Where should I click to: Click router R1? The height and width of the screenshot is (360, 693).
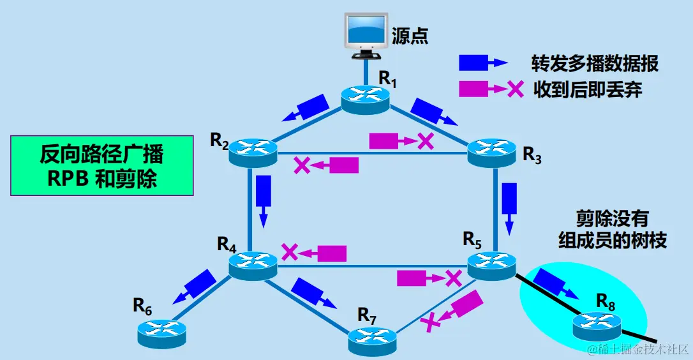click(364, 97)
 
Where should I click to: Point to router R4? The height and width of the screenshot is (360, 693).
click(253, 262)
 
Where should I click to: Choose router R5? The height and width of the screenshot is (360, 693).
click(491, 262)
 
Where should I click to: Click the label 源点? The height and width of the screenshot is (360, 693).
click(410, 35)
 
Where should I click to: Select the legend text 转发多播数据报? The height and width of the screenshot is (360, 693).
click(595, 63)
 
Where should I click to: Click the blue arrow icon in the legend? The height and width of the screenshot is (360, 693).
click(482, 62)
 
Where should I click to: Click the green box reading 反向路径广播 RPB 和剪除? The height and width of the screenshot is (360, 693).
click(102, 165)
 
